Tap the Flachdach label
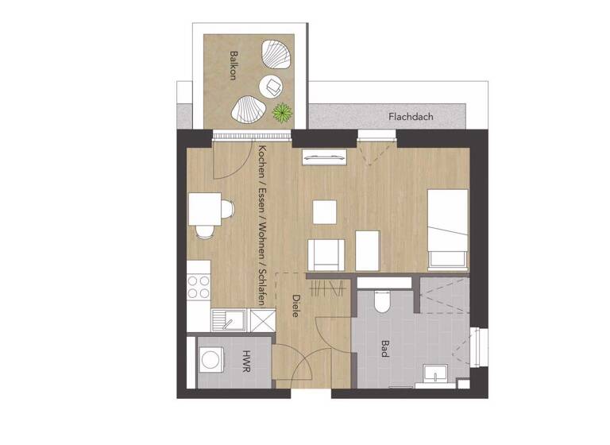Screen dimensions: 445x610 411,117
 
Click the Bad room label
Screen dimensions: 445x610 384,349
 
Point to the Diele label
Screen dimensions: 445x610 295,306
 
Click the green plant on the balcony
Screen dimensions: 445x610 281,113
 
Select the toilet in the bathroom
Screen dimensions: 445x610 380,300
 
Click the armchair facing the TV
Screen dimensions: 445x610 326,254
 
